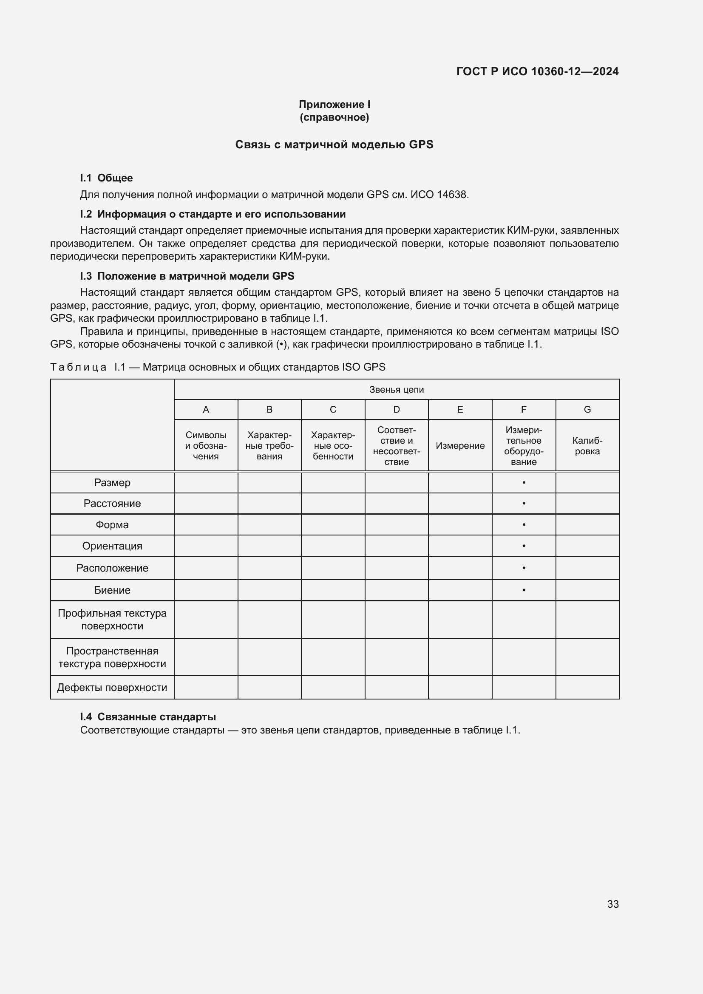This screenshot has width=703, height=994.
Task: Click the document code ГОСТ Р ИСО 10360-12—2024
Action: (537, 71)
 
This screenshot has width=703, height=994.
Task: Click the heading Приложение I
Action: (334, 105)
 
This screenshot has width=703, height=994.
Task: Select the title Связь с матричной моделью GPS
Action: (334, 144)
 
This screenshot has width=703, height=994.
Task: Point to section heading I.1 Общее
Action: (106, 178)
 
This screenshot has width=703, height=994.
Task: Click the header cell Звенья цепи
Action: (396, 390)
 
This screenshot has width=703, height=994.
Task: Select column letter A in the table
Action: (206, 410)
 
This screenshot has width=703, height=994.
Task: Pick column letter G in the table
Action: (587, 410)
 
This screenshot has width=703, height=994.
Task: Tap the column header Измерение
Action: (460, 446)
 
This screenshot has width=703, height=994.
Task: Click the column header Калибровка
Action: (587, 446)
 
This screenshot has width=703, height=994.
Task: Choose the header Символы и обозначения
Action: (206, 446)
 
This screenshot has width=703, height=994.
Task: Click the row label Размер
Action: (112, 483)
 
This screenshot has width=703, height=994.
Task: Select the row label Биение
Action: (112, 590)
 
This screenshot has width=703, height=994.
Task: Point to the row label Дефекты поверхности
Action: (112, 688)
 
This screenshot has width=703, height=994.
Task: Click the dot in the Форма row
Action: (524, 525)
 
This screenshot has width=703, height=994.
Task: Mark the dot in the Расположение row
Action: (524, 568)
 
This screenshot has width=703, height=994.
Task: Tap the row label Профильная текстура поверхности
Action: (112, 620)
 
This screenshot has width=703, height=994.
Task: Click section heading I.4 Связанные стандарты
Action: (148, 717)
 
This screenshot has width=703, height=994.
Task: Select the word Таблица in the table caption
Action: (78, 367)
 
